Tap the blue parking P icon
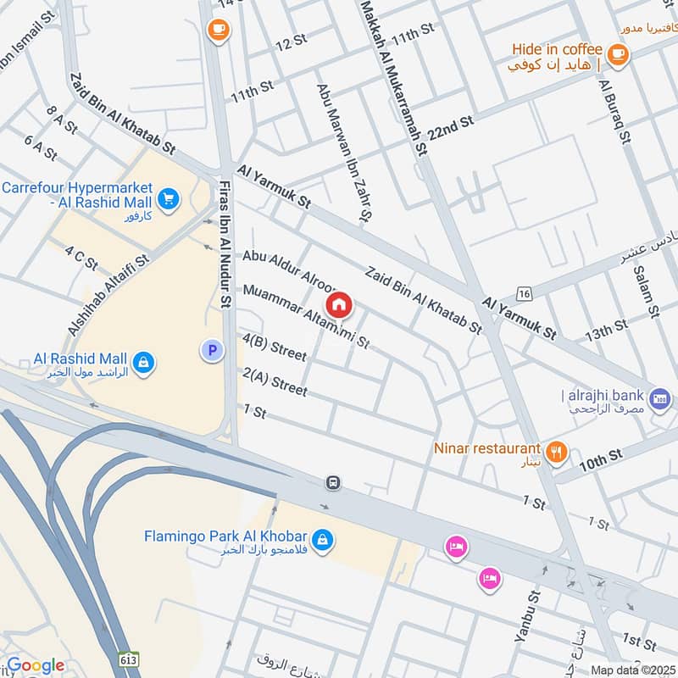[211, 349]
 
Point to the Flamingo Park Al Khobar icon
[322, 538]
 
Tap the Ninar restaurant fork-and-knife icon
[556, 452]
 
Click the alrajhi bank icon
[659, 397]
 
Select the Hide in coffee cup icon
[617, 54]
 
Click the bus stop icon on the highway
[334, 483]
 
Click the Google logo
[35, 665]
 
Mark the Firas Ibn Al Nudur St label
[225, 250]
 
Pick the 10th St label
[601, 460]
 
